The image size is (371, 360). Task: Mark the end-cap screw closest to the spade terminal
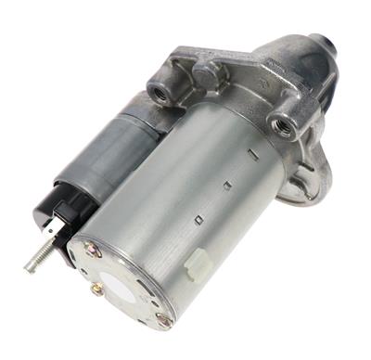coord(91,249)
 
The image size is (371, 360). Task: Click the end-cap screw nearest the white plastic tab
coord(164,319)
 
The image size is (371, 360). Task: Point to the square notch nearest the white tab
coord(197,219)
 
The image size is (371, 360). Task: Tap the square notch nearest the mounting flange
coord(251,148)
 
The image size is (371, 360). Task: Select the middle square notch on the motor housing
coord(226,185)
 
